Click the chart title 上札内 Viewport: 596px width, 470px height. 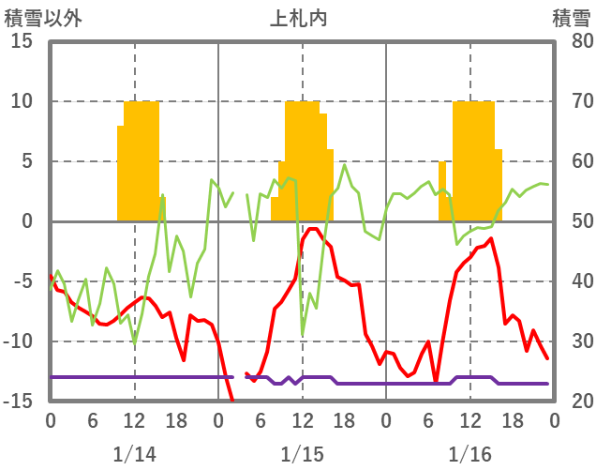coord(298,18)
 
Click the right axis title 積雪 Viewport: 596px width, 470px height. coord(570,18)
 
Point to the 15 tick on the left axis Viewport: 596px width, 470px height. coord(22,41)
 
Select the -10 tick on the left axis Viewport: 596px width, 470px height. coord(18,341)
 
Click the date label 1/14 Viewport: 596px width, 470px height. coord(134,453)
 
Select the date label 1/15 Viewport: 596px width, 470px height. coord(302,453)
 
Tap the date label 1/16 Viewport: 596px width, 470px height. coord(469,453)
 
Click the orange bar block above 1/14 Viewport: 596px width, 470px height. coord(139,159)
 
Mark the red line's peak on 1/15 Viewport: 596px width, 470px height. coord(312,228)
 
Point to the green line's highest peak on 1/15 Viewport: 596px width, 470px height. coord(345,166)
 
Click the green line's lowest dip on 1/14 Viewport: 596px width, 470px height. coord(135,343)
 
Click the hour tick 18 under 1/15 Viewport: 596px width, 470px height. coord(344,418)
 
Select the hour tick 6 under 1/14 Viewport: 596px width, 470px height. coord(92,418)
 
